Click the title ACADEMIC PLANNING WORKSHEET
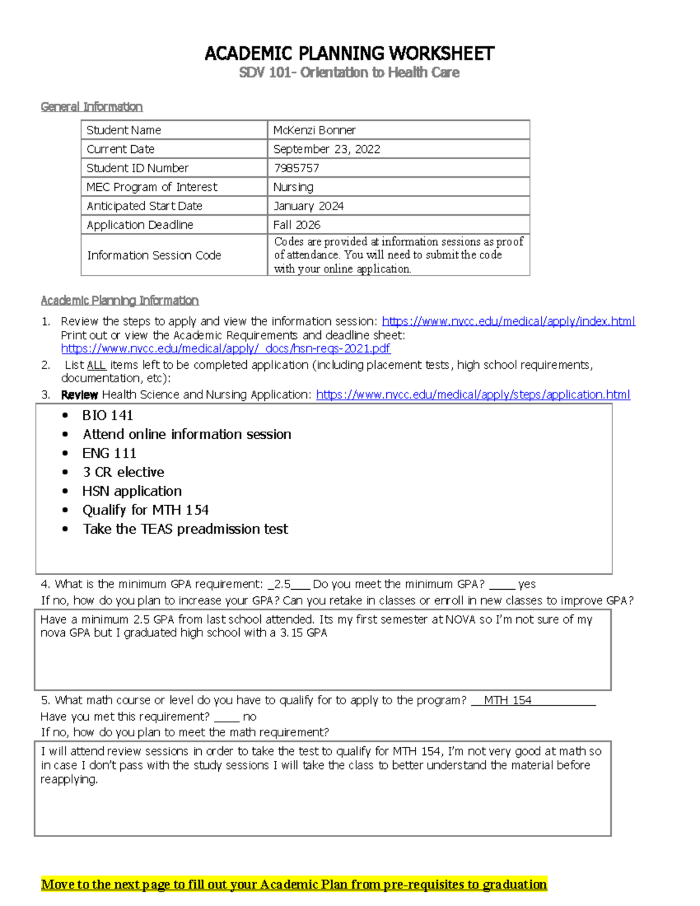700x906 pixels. coord(349,54)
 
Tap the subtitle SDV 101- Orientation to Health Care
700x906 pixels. coord(349,72)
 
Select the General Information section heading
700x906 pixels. coord(92,107)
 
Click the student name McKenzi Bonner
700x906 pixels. coord(314,130)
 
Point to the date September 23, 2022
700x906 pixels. coord(327,149)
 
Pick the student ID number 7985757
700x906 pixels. coord(296,168)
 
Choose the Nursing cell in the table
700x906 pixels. coord(293,187)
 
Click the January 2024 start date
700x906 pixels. coord(309,206)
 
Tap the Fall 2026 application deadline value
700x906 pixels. coord(297,225)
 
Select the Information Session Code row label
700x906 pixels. coord(154,256)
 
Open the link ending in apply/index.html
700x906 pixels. coord(508,321)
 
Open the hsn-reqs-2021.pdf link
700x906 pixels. coord(226,349)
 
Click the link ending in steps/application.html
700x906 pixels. coord(473,395)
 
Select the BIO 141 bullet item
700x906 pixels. coord(108,415)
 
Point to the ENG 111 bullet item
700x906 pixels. coord(109,453)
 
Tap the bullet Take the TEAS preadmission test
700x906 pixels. coord(185,529)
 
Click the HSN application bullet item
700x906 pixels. coord(132,491)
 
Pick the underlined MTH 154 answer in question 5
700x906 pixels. coord(508,701)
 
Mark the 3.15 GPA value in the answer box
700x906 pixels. coord(303,633)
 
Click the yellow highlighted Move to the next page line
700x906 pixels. coord(294,884)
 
